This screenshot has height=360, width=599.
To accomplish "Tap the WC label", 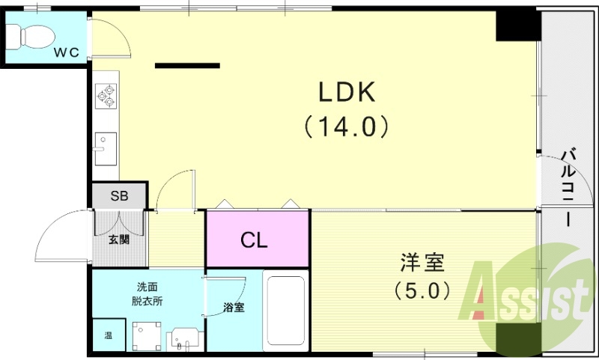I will (x=67, y=52).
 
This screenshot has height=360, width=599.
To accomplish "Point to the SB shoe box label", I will (x=119, y=197).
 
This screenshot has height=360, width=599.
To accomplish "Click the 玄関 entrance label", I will (x=118, y=240).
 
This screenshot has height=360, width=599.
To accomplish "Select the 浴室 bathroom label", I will (x=233, y=307).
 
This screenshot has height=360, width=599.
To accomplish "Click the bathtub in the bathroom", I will (x=285, y=310).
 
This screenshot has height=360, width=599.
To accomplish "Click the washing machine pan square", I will (x=147, y=336).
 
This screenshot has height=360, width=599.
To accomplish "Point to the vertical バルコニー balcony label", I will (x=568, y=186).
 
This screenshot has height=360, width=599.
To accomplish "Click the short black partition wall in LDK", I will (x=187, y=66).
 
